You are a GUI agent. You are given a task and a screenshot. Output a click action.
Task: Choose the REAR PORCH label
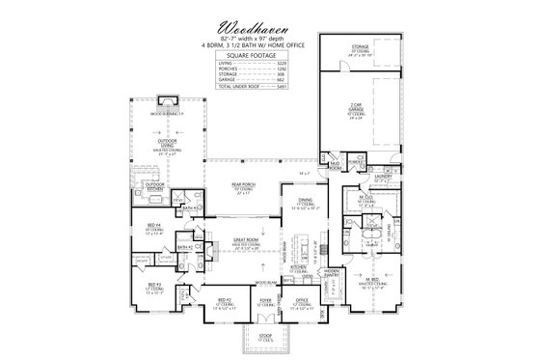click(243, 183)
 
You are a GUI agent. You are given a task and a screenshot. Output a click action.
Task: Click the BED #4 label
click(153, 224)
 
